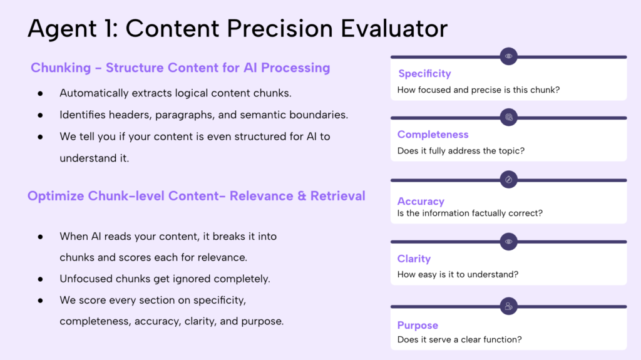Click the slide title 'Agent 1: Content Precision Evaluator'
(238, 29)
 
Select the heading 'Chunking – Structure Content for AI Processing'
(180, 68)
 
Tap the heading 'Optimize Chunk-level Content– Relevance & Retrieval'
(196, 196)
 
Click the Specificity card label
(424, 74)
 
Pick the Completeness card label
(433, 135)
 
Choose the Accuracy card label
(421, 202)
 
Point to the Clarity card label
(414, 259)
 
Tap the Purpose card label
(418, 326)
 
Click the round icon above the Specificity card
(509, 56)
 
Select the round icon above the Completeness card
(509, 117)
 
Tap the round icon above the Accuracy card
(509, 180)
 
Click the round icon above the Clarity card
(509, 241)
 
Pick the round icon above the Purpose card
(509, 306)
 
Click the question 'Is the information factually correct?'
(469, 213)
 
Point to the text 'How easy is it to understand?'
(458, 274)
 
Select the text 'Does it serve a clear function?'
(459, 340)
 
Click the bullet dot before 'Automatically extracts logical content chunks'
(40, 93)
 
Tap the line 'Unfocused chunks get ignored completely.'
(165, 279)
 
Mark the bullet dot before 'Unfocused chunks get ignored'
(40, 279)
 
